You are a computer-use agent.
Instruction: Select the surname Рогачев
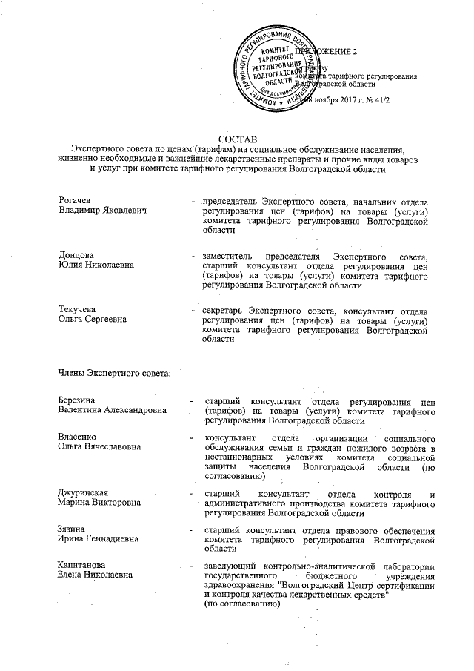(x=76, y=201)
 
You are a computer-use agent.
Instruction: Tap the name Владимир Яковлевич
(x=101, y=211)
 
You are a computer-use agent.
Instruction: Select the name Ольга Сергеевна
(x=93, y=318)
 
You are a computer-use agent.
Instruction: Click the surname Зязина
(x=73, y=529)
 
